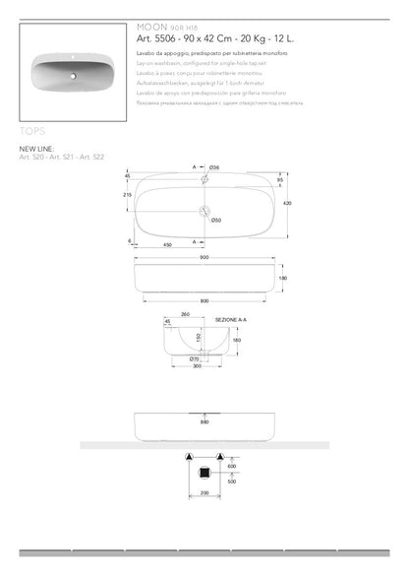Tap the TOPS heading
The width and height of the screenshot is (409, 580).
point(32,129)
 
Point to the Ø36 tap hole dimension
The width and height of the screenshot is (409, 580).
point(216,166)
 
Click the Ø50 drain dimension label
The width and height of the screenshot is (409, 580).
point(215,220)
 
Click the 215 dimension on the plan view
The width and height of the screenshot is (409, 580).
point(127,195)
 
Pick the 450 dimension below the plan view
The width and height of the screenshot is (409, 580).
point(168,244)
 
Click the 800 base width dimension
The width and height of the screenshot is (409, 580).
point(204,299)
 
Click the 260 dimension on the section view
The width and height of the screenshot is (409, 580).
point(186,315)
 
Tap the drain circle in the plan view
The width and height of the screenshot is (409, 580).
point(204,210)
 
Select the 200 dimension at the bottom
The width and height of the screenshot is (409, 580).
point(204,491)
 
